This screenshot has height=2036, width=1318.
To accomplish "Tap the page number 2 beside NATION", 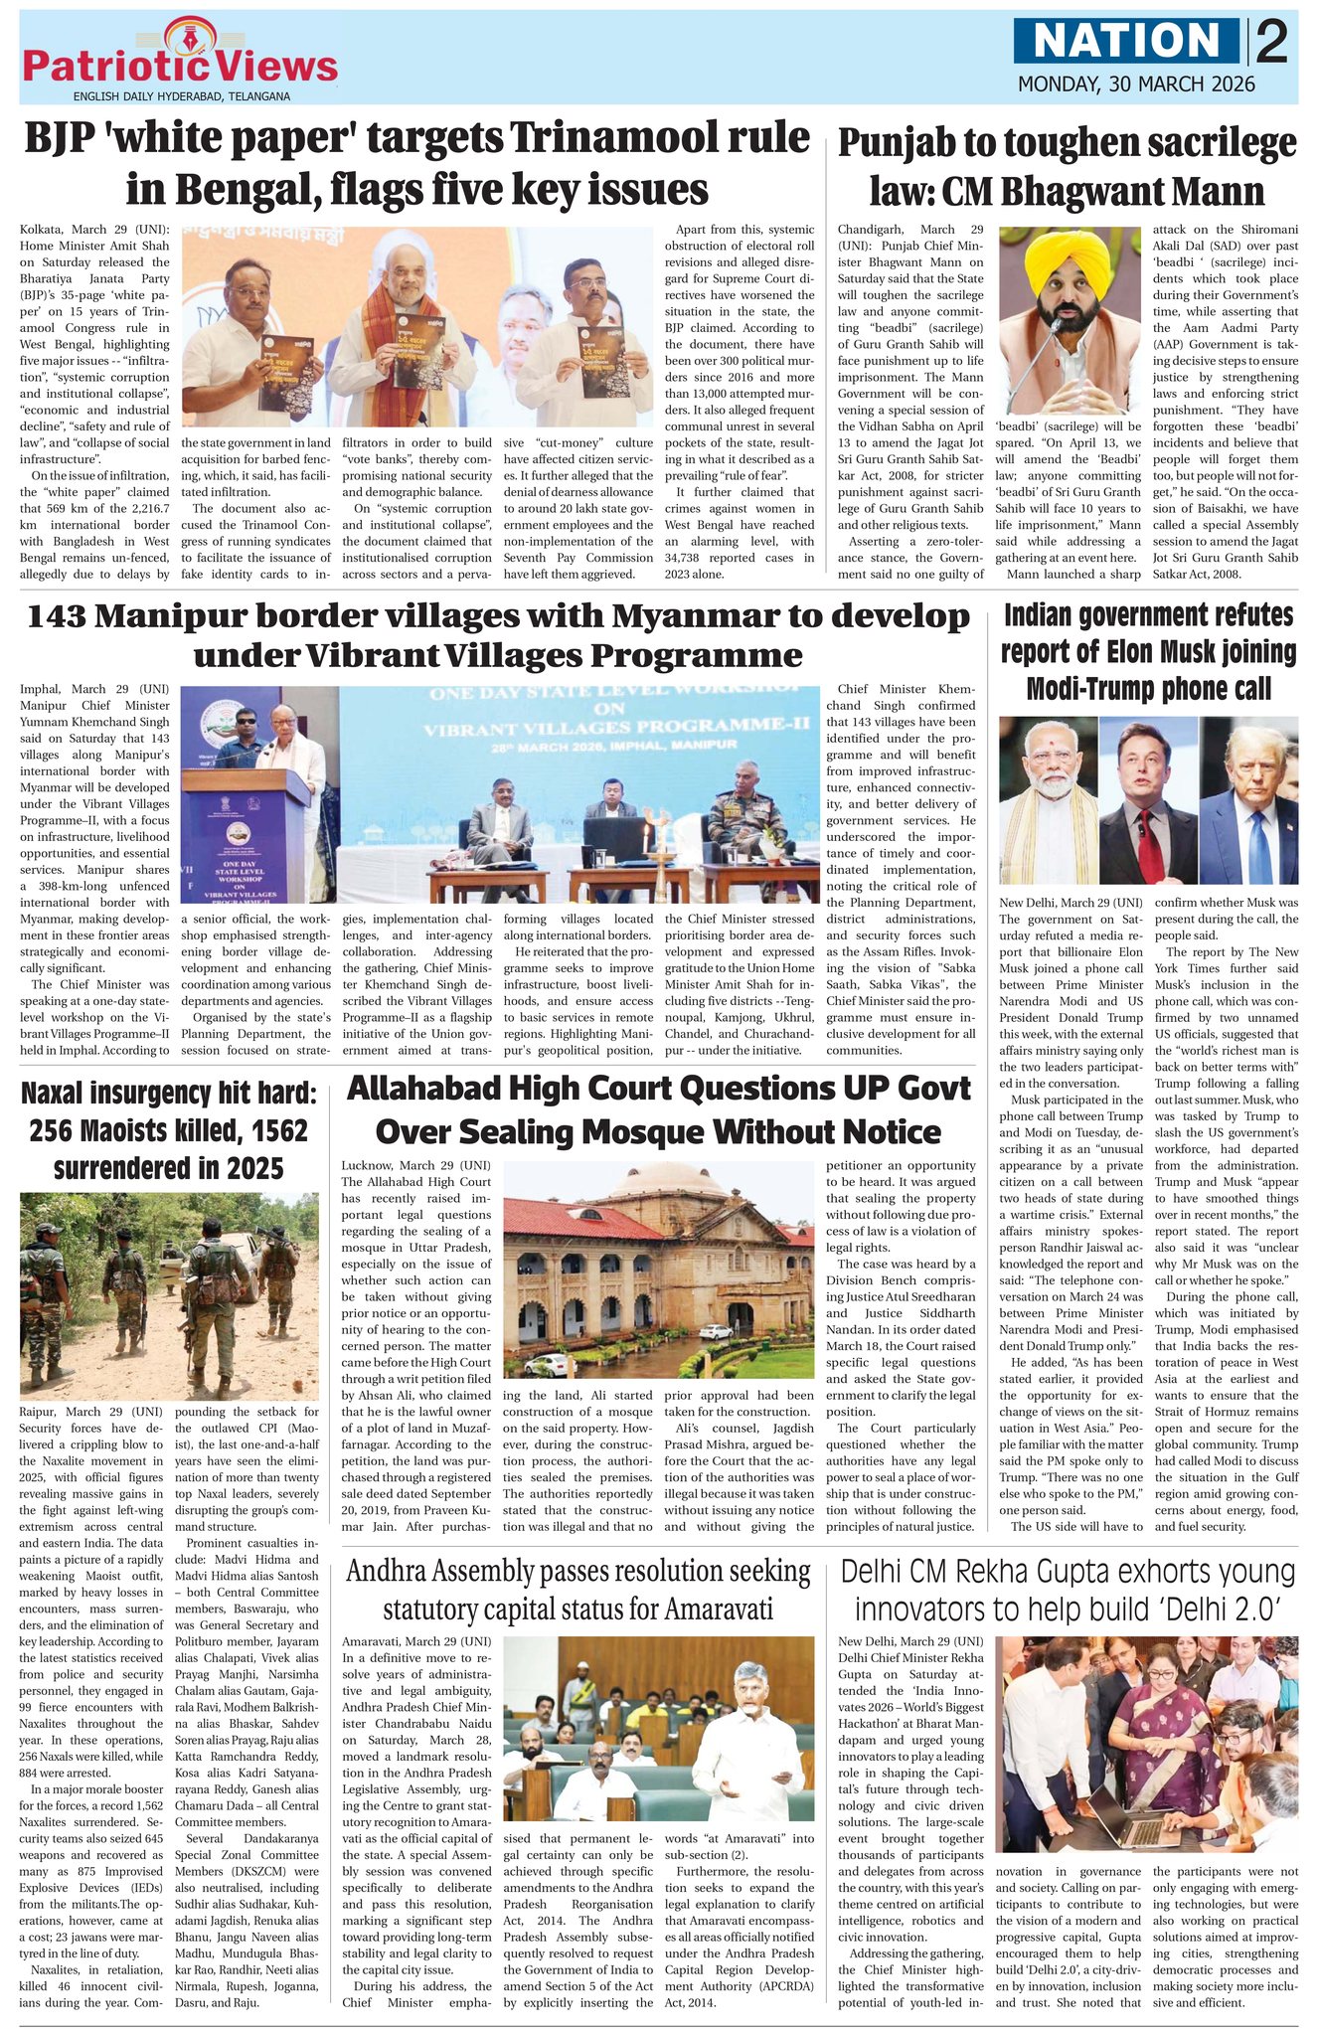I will click(1270, 43).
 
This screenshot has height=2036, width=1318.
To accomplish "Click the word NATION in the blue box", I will click(1127, 41).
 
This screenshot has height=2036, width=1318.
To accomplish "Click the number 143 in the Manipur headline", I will click(64, 616).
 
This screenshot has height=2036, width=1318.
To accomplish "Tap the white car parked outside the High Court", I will click(715, 1330).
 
